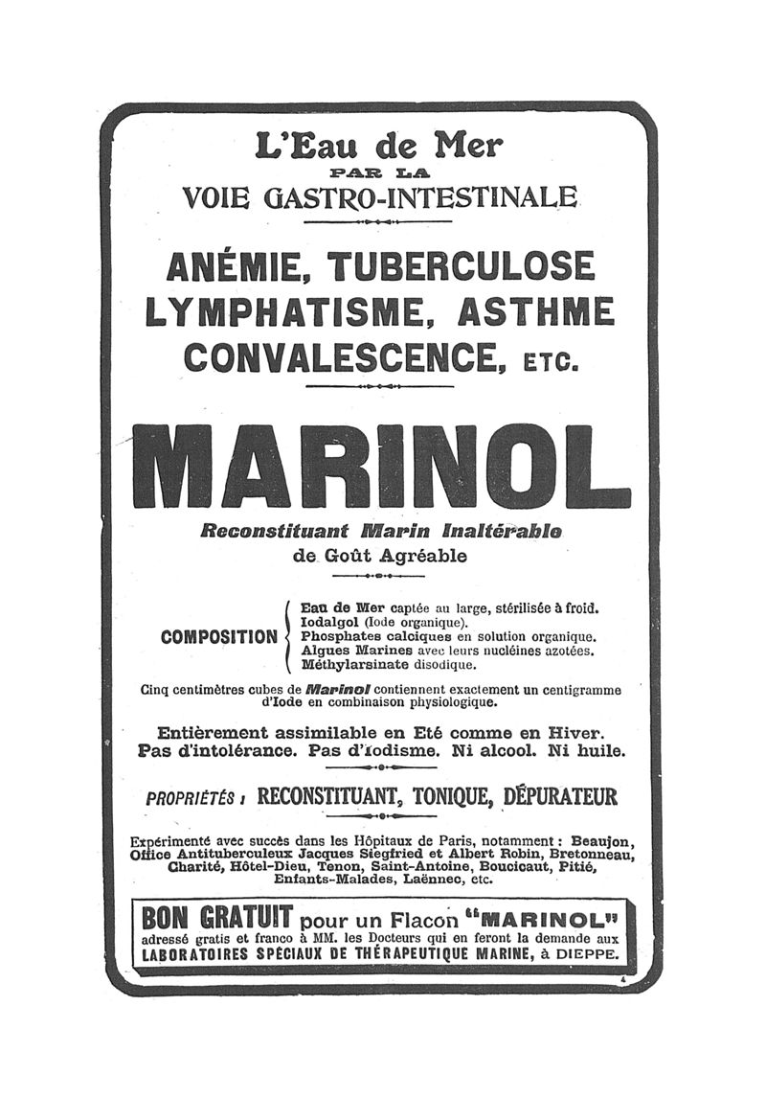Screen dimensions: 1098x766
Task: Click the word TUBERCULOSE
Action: pyautogui.click(x=461, y=266)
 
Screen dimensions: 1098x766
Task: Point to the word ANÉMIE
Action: pyautogui.click(x=237, y=266)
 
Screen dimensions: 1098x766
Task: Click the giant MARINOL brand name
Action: pyautogui.click(x=381, y=466)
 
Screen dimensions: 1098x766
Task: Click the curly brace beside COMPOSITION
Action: pyautogui.click(x=288, y=635)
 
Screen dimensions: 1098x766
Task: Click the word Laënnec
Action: pyautogui.click(x=432, y=879)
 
